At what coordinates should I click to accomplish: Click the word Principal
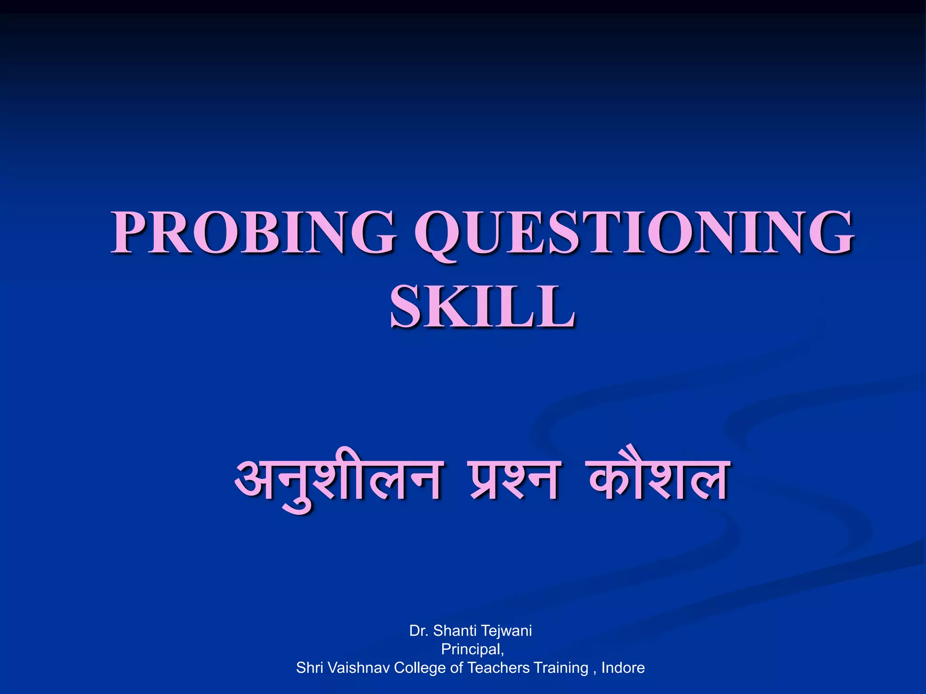[472, 649]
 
